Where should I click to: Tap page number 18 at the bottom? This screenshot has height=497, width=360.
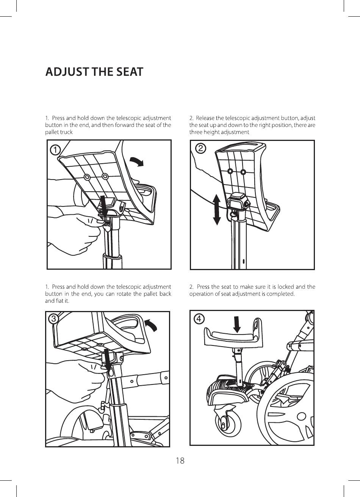tap(180, 461)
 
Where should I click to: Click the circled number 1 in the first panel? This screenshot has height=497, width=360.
tap(55, 150)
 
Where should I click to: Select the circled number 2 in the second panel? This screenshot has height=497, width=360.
tap(200, 148)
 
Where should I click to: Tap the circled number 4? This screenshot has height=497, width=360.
tap(199, 319)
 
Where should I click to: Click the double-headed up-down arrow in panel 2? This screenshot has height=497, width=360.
tap(216, 209)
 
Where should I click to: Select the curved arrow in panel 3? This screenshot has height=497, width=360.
tap(151, 325)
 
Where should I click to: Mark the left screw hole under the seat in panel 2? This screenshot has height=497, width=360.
tap(230, 171)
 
